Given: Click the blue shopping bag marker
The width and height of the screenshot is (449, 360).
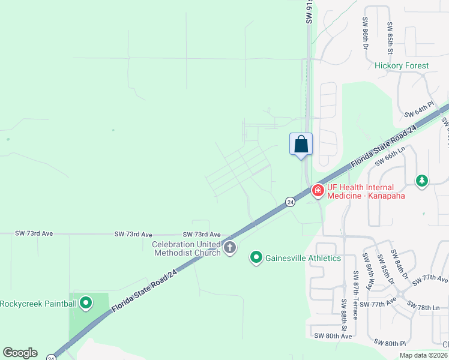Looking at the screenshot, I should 301,145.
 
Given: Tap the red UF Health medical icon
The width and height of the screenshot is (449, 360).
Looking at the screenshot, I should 318,191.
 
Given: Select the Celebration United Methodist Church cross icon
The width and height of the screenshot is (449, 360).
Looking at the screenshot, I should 229,247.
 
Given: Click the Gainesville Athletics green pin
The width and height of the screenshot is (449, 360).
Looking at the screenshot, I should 256,258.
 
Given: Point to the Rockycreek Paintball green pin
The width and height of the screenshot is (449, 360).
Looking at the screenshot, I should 86,303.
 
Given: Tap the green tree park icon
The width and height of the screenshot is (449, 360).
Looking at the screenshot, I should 422,180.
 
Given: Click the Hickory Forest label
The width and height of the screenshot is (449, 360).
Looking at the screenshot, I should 402,65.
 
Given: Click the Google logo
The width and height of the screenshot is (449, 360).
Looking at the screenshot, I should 20,353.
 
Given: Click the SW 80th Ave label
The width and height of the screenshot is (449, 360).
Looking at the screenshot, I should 330,336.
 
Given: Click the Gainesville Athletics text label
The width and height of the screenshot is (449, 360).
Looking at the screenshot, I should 303,258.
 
